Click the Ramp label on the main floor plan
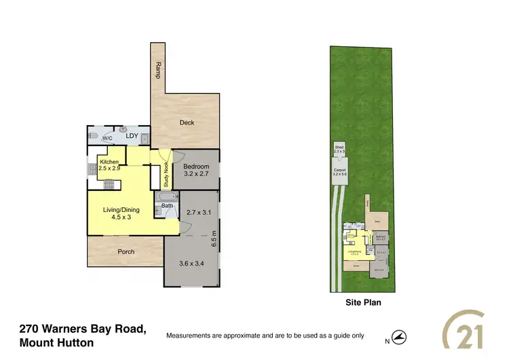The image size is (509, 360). (158, 69)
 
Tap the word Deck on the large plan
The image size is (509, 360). (187, 123)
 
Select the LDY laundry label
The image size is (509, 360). (132, 136)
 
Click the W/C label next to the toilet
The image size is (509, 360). (107, 139)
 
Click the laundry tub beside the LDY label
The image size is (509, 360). (123, 129)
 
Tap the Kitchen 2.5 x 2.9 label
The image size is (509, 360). (109, 164)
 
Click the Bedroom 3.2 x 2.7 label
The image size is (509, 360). (196, 170)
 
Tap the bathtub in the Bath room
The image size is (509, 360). (167, 198)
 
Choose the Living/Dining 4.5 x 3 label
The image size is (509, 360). (122, 214)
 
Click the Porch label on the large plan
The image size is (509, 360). (126, 251)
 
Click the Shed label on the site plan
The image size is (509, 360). (339, 149)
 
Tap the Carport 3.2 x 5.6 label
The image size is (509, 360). (339, 172)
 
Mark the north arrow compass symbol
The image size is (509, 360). (400, 336)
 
